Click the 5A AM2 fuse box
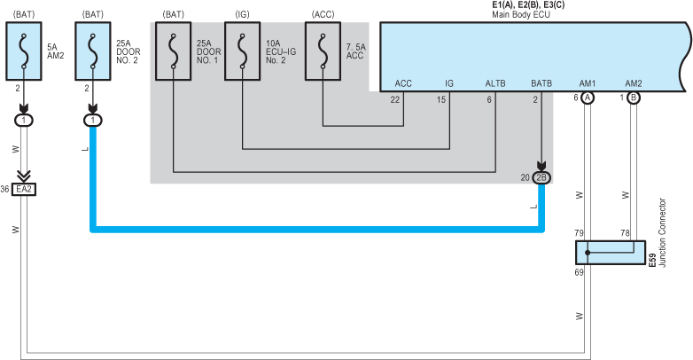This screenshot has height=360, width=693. (x=23, y=51)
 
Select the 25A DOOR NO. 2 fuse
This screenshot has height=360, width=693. (x=93, y=51)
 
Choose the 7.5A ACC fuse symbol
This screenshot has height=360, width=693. (x=323, y=51)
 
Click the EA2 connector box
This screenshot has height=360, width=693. (x=24, y=189)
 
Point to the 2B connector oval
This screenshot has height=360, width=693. (x=541, y=177)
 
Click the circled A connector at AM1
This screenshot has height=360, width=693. (x=588, y=98)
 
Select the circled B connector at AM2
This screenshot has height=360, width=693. (x=633, y=98)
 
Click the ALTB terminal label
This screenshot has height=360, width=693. (x=494, y=83)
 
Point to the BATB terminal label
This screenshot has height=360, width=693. (x=541, y=83)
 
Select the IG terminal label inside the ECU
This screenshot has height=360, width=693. (x=449, y=83)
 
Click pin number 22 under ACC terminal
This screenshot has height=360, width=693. (x=395, y=98)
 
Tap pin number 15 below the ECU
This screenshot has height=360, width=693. (x=441, y=98)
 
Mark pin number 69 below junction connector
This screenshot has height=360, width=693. (x=579, y=272)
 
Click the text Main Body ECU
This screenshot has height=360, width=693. (x=521, y=15)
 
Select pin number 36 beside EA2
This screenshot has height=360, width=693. (x=5, y=189)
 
